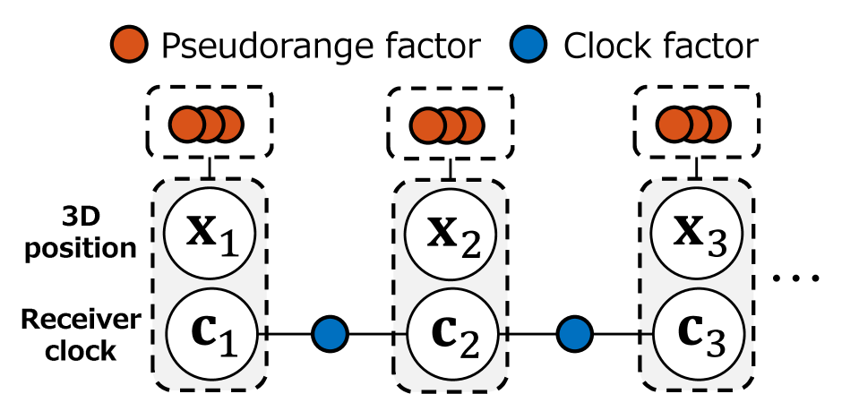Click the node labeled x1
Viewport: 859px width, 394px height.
click(210, 232)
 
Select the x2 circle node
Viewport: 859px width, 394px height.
click(450, 233)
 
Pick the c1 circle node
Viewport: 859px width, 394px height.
click(212, 333)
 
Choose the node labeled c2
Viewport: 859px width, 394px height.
click(452, 333)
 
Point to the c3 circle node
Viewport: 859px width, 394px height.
click(698, 333)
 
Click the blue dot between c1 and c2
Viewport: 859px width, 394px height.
click(330, 334)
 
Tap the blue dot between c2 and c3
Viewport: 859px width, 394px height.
click(575, 334)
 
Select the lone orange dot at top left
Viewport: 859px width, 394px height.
click(129, 44)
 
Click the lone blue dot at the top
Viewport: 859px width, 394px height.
click(528, 44)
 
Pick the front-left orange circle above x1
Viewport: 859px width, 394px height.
click(187, 124)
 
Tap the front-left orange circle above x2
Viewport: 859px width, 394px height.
click(427, 125)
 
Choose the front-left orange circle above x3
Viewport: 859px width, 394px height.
click(673, 124)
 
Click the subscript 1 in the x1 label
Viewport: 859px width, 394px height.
click(229, 244)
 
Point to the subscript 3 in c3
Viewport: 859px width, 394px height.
click(715, 344)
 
